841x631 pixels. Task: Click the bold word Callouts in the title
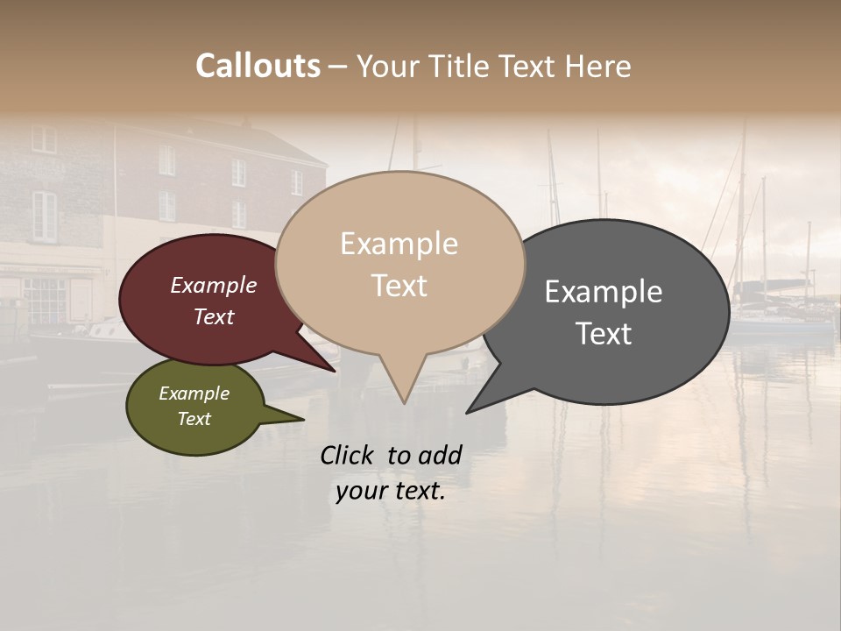(258, 66)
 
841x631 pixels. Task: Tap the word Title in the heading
(465, 67)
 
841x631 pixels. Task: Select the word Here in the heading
(597, 67)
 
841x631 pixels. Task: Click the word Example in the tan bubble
(399, 244)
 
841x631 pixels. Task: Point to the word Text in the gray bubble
(603, 334)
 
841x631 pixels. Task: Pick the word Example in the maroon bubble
(213, 286)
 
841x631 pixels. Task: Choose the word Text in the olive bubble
(194, 419)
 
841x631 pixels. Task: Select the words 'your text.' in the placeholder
(390, 492)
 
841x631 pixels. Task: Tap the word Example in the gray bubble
(603, 292)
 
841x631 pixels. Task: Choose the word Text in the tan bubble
(399, 286)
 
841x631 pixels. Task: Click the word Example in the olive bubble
(194, 393)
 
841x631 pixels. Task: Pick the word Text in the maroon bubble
(213, 317)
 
